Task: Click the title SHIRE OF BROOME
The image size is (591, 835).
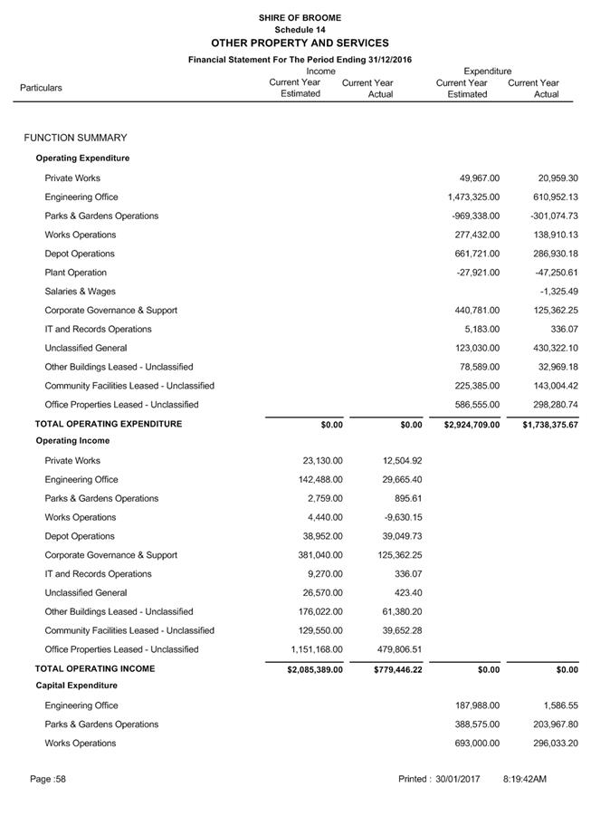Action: (x=300, y=17)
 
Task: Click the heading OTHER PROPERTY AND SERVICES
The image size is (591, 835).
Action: (x=300, y=43)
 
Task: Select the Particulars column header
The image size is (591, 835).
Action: (x=42, y=88)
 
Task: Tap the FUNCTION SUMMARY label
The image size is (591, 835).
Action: (x=76, y=138)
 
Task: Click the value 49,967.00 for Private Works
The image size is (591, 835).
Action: (x=479, y=178)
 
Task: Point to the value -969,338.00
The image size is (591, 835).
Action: (x=475, y=216)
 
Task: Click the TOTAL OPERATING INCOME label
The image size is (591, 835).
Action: (x=95, y=668)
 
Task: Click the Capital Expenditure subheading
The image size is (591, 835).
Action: (x=76, y=686)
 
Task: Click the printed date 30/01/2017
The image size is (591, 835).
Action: (x=457, y=779)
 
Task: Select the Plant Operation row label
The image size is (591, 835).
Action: (x=75, y=273)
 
